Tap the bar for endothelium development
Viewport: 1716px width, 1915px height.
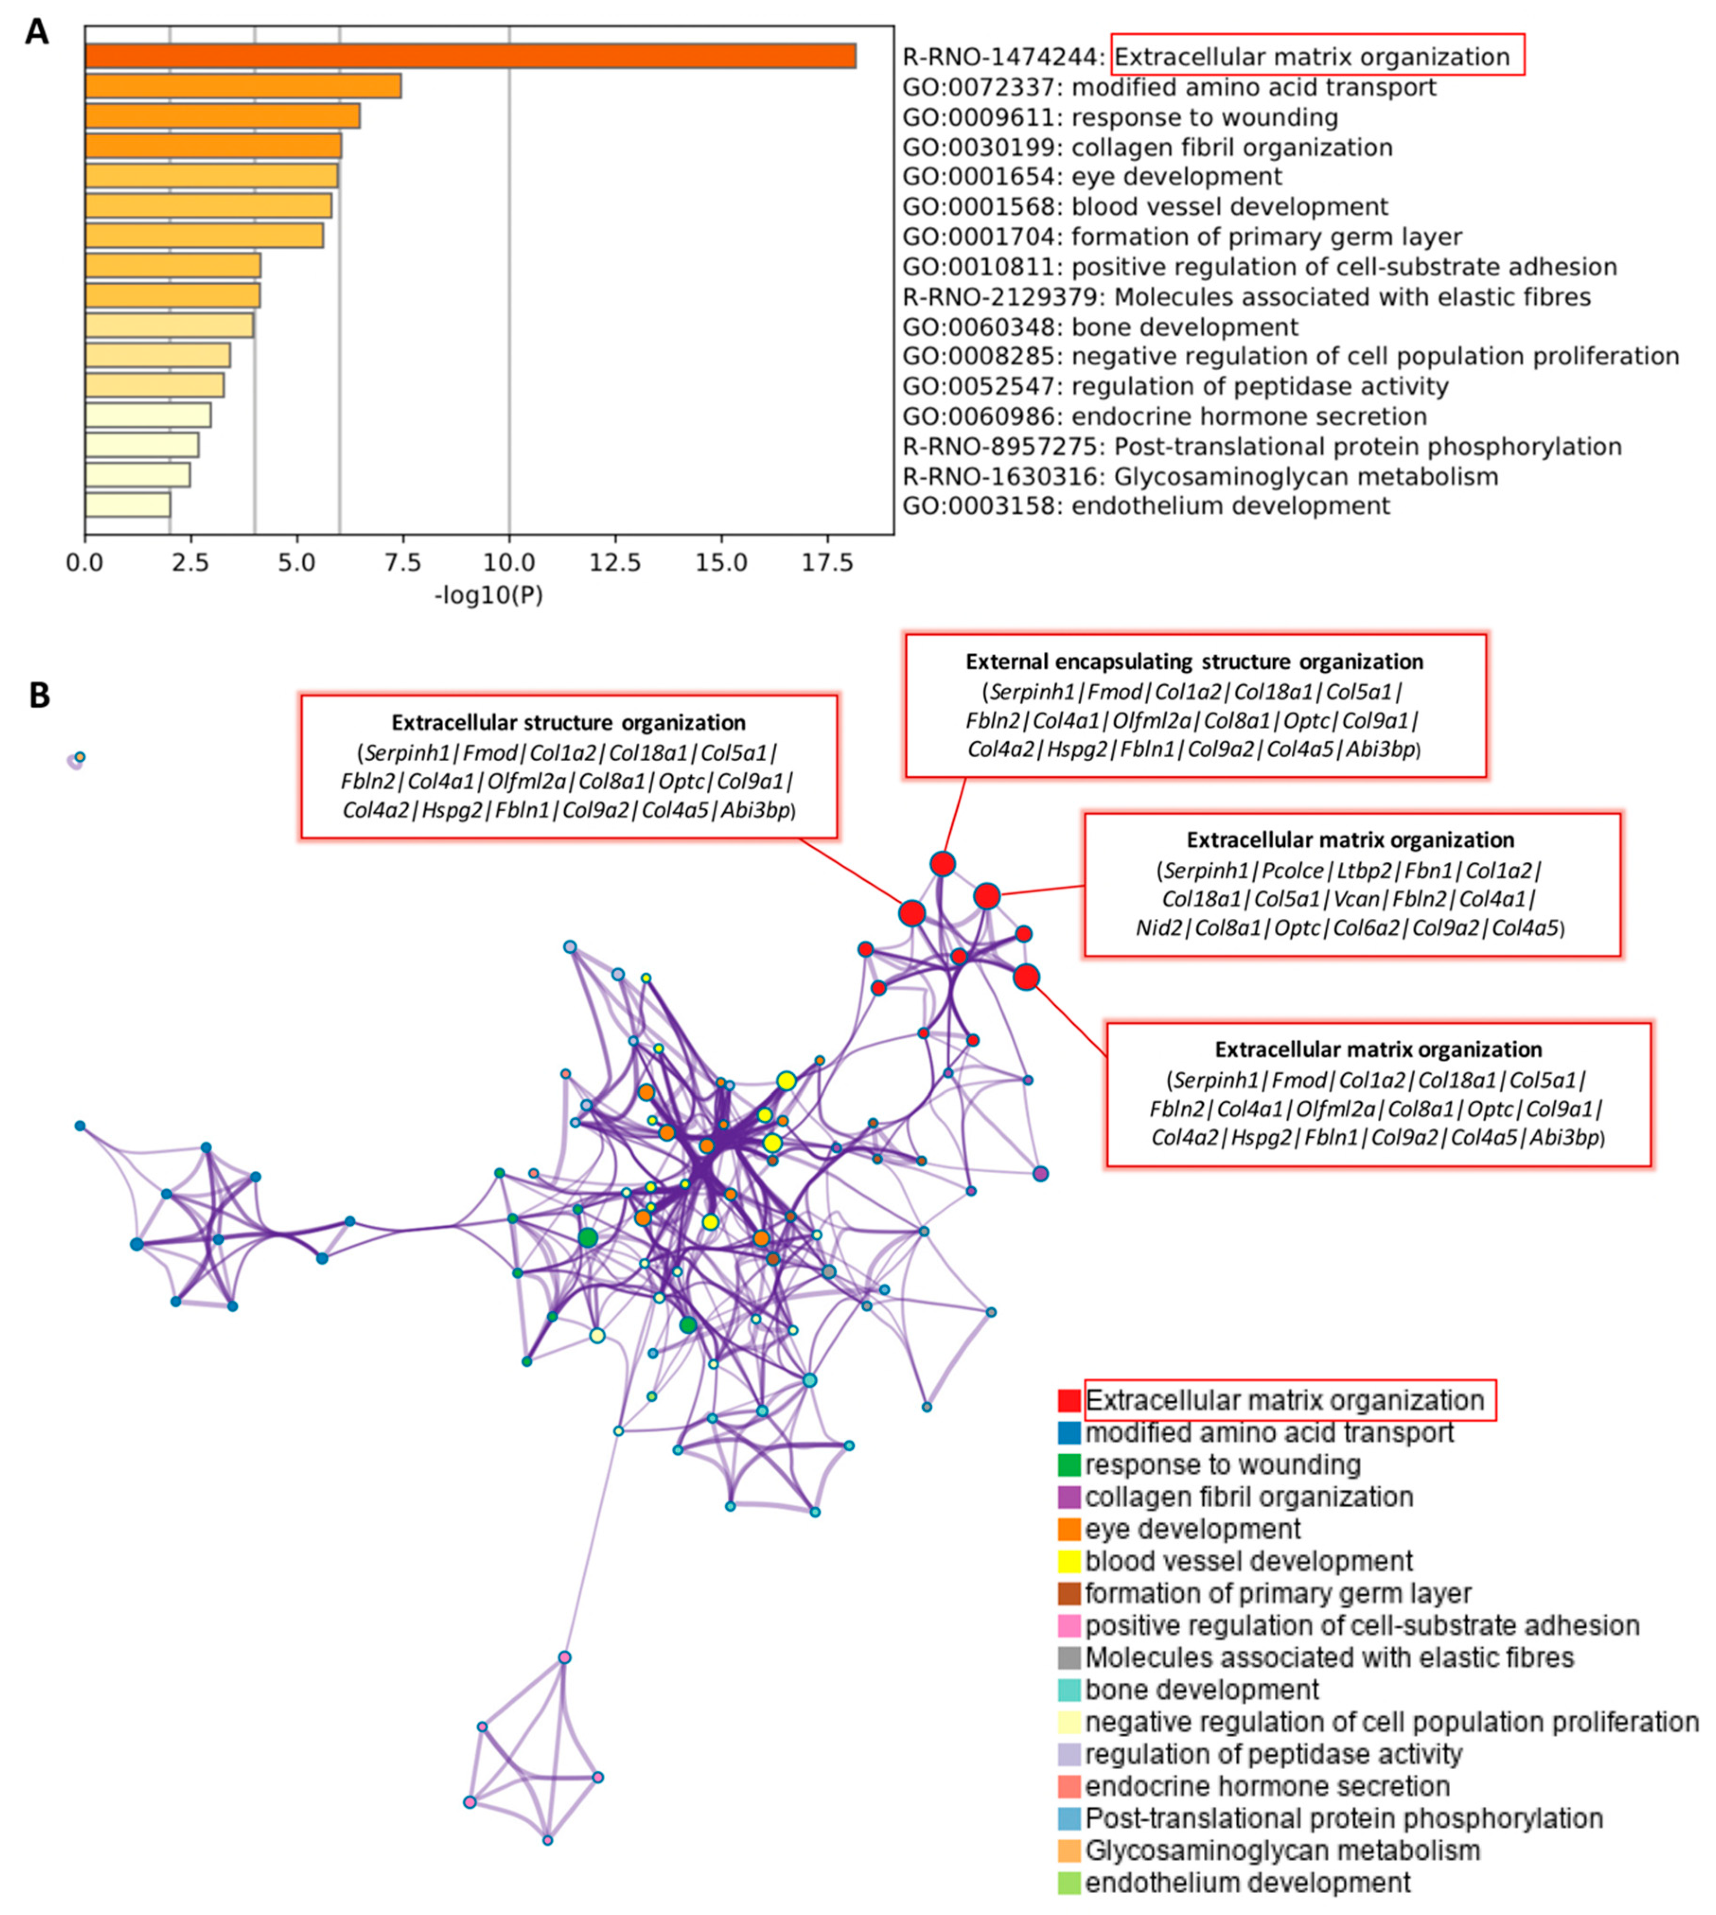127,505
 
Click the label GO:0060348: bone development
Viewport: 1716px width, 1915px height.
1100,327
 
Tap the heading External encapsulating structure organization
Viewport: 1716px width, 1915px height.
1195,662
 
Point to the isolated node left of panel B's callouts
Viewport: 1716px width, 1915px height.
77,759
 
